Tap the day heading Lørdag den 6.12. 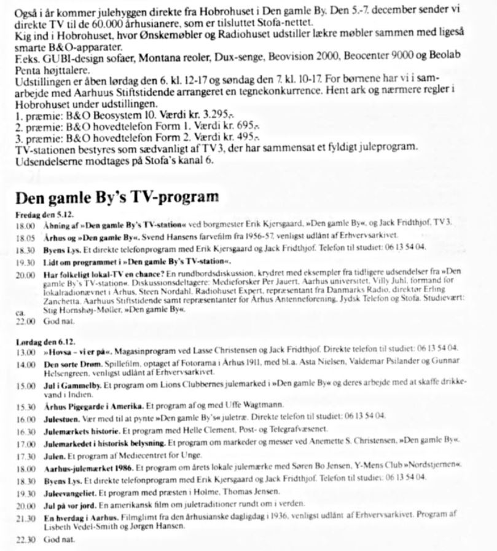pyautogui.click(x=41, y=340)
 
